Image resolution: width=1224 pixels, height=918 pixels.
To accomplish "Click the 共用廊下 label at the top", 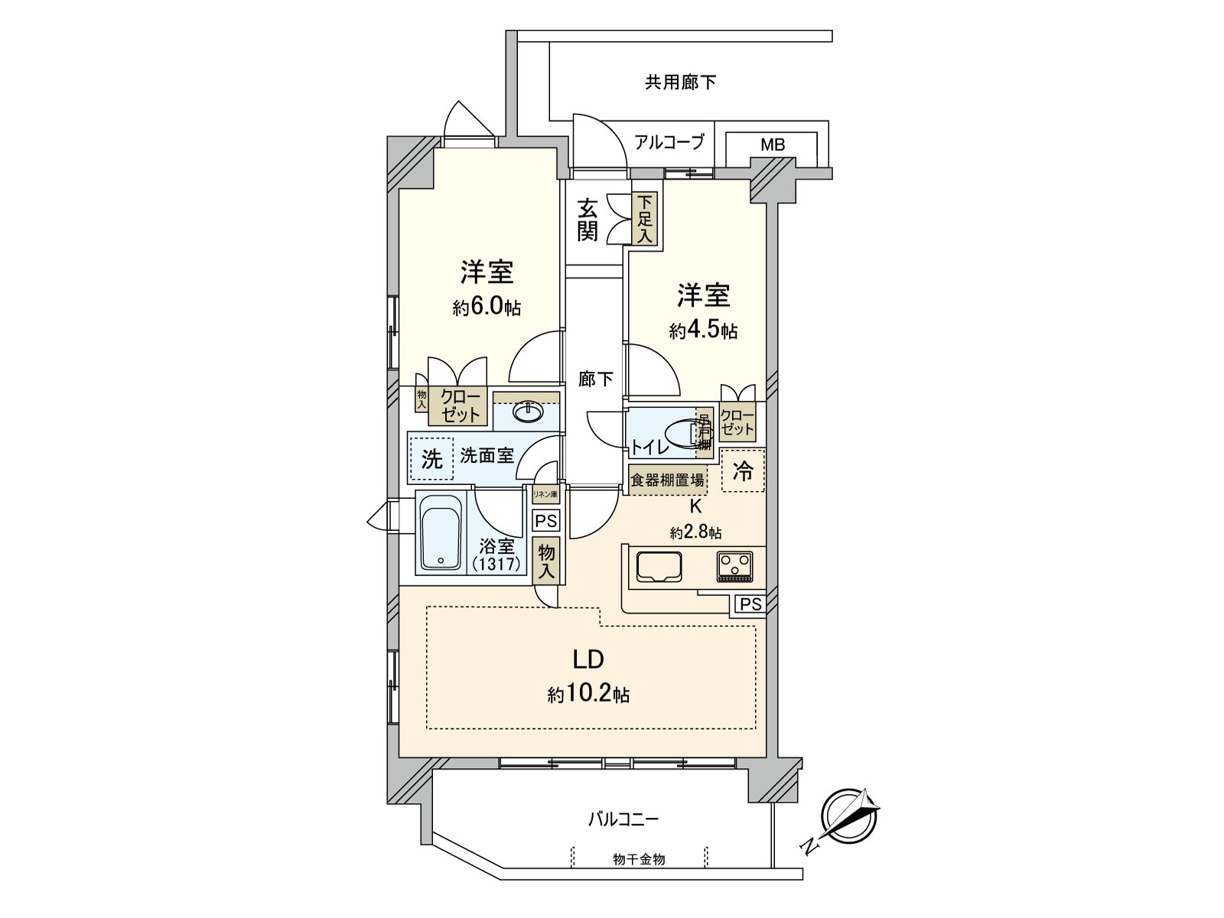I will click(x=680, y=82).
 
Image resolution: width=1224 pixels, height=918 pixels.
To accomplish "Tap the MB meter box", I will click(x=772, y=144).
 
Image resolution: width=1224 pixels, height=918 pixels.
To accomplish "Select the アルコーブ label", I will click(x=669, y=142).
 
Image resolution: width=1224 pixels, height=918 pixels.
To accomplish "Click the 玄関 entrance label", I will click(x=588, y=220).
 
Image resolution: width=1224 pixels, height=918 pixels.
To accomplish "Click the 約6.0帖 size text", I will click(x=487, y=308).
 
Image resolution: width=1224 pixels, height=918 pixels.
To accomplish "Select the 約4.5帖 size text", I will click(x=703, y=330).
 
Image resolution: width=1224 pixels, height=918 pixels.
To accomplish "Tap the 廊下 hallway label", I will click(x=595, y=379).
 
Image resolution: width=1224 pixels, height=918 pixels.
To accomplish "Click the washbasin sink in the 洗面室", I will click(x=526, y=413).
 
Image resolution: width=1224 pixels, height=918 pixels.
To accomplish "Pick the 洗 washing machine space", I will click(x=432, y=459).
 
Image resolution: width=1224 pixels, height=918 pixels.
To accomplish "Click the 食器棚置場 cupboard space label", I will click(x=667, y=480).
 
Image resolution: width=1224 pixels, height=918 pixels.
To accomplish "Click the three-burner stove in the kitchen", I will click(x=736, y=567).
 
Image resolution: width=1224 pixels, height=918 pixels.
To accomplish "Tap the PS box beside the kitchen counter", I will click(x=750, y=604).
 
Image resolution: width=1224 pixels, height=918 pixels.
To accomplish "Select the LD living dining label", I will click(x=589, y=659).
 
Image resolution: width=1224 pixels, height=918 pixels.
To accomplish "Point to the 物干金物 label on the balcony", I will click(x=639, y=859).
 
